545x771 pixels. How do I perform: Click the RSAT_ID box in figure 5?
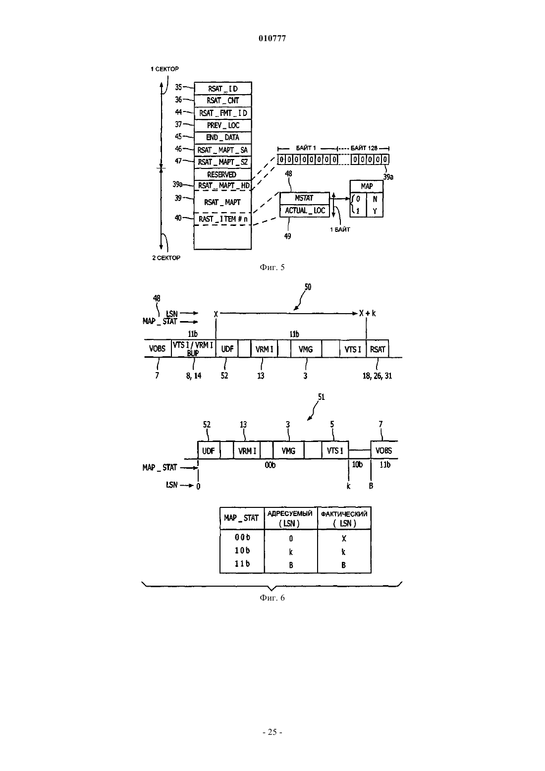223,88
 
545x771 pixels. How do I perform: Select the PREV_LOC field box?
223,125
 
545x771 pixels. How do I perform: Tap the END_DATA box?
223,138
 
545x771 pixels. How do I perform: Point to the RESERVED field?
223,174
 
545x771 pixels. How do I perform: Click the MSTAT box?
305,198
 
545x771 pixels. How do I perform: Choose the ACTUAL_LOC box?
305,211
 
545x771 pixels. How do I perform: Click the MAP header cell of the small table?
367,186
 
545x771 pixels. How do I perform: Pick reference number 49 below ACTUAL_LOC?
288,236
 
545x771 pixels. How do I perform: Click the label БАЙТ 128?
364,148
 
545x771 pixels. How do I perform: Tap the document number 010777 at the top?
272,38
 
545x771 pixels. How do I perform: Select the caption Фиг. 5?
272,268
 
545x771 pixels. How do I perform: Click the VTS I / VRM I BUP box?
193,348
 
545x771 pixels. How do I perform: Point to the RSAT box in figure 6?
378,349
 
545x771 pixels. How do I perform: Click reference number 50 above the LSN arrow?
308,287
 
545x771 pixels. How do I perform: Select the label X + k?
368,313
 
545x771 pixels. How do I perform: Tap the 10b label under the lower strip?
357,465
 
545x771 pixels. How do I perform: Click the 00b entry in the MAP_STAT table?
242,537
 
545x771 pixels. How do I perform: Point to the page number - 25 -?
272,732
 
